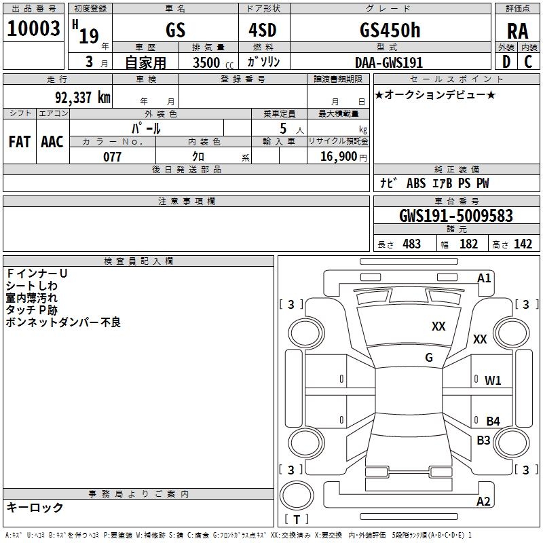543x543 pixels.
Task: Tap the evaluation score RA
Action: click(x=517, y=31)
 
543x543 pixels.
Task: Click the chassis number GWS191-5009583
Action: click(x=455, y=217)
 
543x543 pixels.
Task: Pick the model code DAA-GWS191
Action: click(x=389, y=62)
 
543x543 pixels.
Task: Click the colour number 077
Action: click(x=112, y=157)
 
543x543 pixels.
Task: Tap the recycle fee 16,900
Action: click(x=337, y=157)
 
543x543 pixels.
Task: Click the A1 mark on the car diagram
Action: click(x=484, y=278)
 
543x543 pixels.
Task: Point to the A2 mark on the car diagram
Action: click(x=483, y=502)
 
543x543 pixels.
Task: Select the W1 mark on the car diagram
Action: click(x=493, y=380)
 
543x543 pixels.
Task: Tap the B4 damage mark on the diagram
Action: click(x=493, y=421)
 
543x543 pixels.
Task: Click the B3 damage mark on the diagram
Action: click(x=483, y=440)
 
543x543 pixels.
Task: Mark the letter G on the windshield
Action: click(x=429, y=358)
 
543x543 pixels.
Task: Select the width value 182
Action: click(x=468, y=244)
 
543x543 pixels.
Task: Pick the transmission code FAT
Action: click(x=20, y=141)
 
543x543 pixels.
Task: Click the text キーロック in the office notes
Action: click(x=35, y=507)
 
